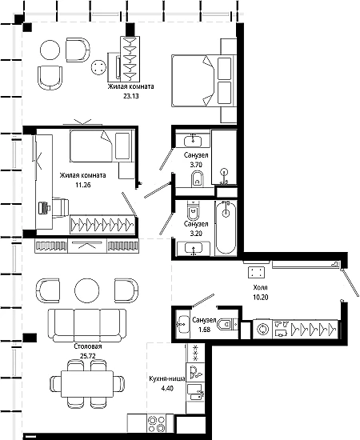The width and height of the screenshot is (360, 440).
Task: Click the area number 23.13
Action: point(131,96)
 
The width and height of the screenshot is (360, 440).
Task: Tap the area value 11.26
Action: point(82,185)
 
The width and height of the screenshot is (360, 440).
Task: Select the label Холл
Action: point(260,287)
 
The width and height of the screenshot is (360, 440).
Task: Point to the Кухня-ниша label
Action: point(167,379)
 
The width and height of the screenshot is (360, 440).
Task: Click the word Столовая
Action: point(88,346)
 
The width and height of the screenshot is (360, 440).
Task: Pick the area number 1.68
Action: point(204,330)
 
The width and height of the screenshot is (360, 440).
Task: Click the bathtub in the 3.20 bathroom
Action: point(226,227)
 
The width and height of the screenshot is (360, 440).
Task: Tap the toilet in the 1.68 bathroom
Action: point(229,325)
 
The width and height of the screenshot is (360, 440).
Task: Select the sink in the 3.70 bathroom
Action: point(193,140)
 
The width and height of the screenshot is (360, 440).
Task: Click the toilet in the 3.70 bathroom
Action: point(197,179)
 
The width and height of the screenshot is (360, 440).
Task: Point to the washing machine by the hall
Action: point(262,329)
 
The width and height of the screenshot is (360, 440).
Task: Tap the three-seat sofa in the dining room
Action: point(87,326)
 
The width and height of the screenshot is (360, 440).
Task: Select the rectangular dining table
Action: point(87,383)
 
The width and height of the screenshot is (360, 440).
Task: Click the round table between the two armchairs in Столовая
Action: point(87,290)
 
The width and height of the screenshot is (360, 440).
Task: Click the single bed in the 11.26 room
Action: point(101,146)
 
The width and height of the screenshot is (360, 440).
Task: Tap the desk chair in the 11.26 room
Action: point(60,208)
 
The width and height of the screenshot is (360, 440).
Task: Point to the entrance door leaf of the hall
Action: point(350,282)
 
